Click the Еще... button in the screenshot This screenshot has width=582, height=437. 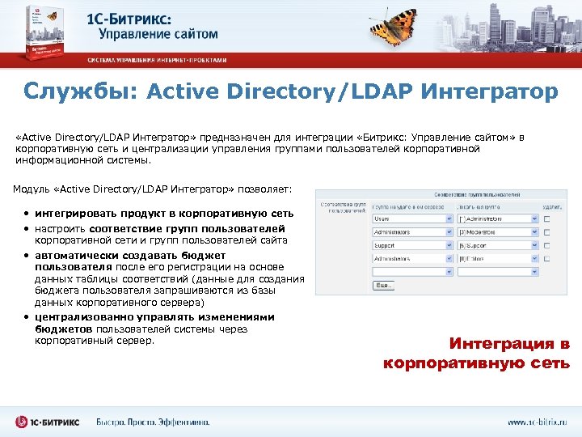(384, 285)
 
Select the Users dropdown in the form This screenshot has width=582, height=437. (410, 218)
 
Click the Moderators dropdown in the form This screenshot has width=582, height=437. (496, 231)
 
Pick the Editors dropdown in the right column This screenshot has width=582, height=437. (496, 257)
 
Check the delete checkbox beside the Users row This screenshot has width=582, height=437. (547, 219)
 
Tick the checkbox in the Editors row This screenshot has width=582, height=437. (547, 257)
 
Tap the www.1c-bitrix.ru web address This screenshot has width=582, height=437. (538, 422)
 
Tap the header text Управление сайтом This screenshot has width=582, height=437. (158, 34)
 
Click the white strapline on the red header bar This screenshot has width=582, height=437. (157, 61)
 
